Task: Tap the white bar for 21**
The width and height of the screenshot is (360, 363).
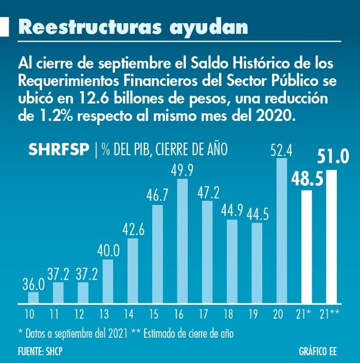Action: [332, 236]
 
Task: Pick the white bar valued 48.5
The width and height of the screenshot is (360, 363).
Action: [307, 247]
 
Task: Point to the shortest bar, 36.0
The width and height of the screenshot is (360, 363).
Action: [33, 298]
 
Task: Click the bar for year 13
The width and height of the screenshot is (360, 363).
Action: [108, 281]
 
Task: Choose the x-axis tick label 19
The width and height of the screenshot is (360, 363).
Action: [257, 314]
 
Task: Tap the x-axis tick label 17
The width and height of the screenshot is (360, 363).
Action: [207, 314]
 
